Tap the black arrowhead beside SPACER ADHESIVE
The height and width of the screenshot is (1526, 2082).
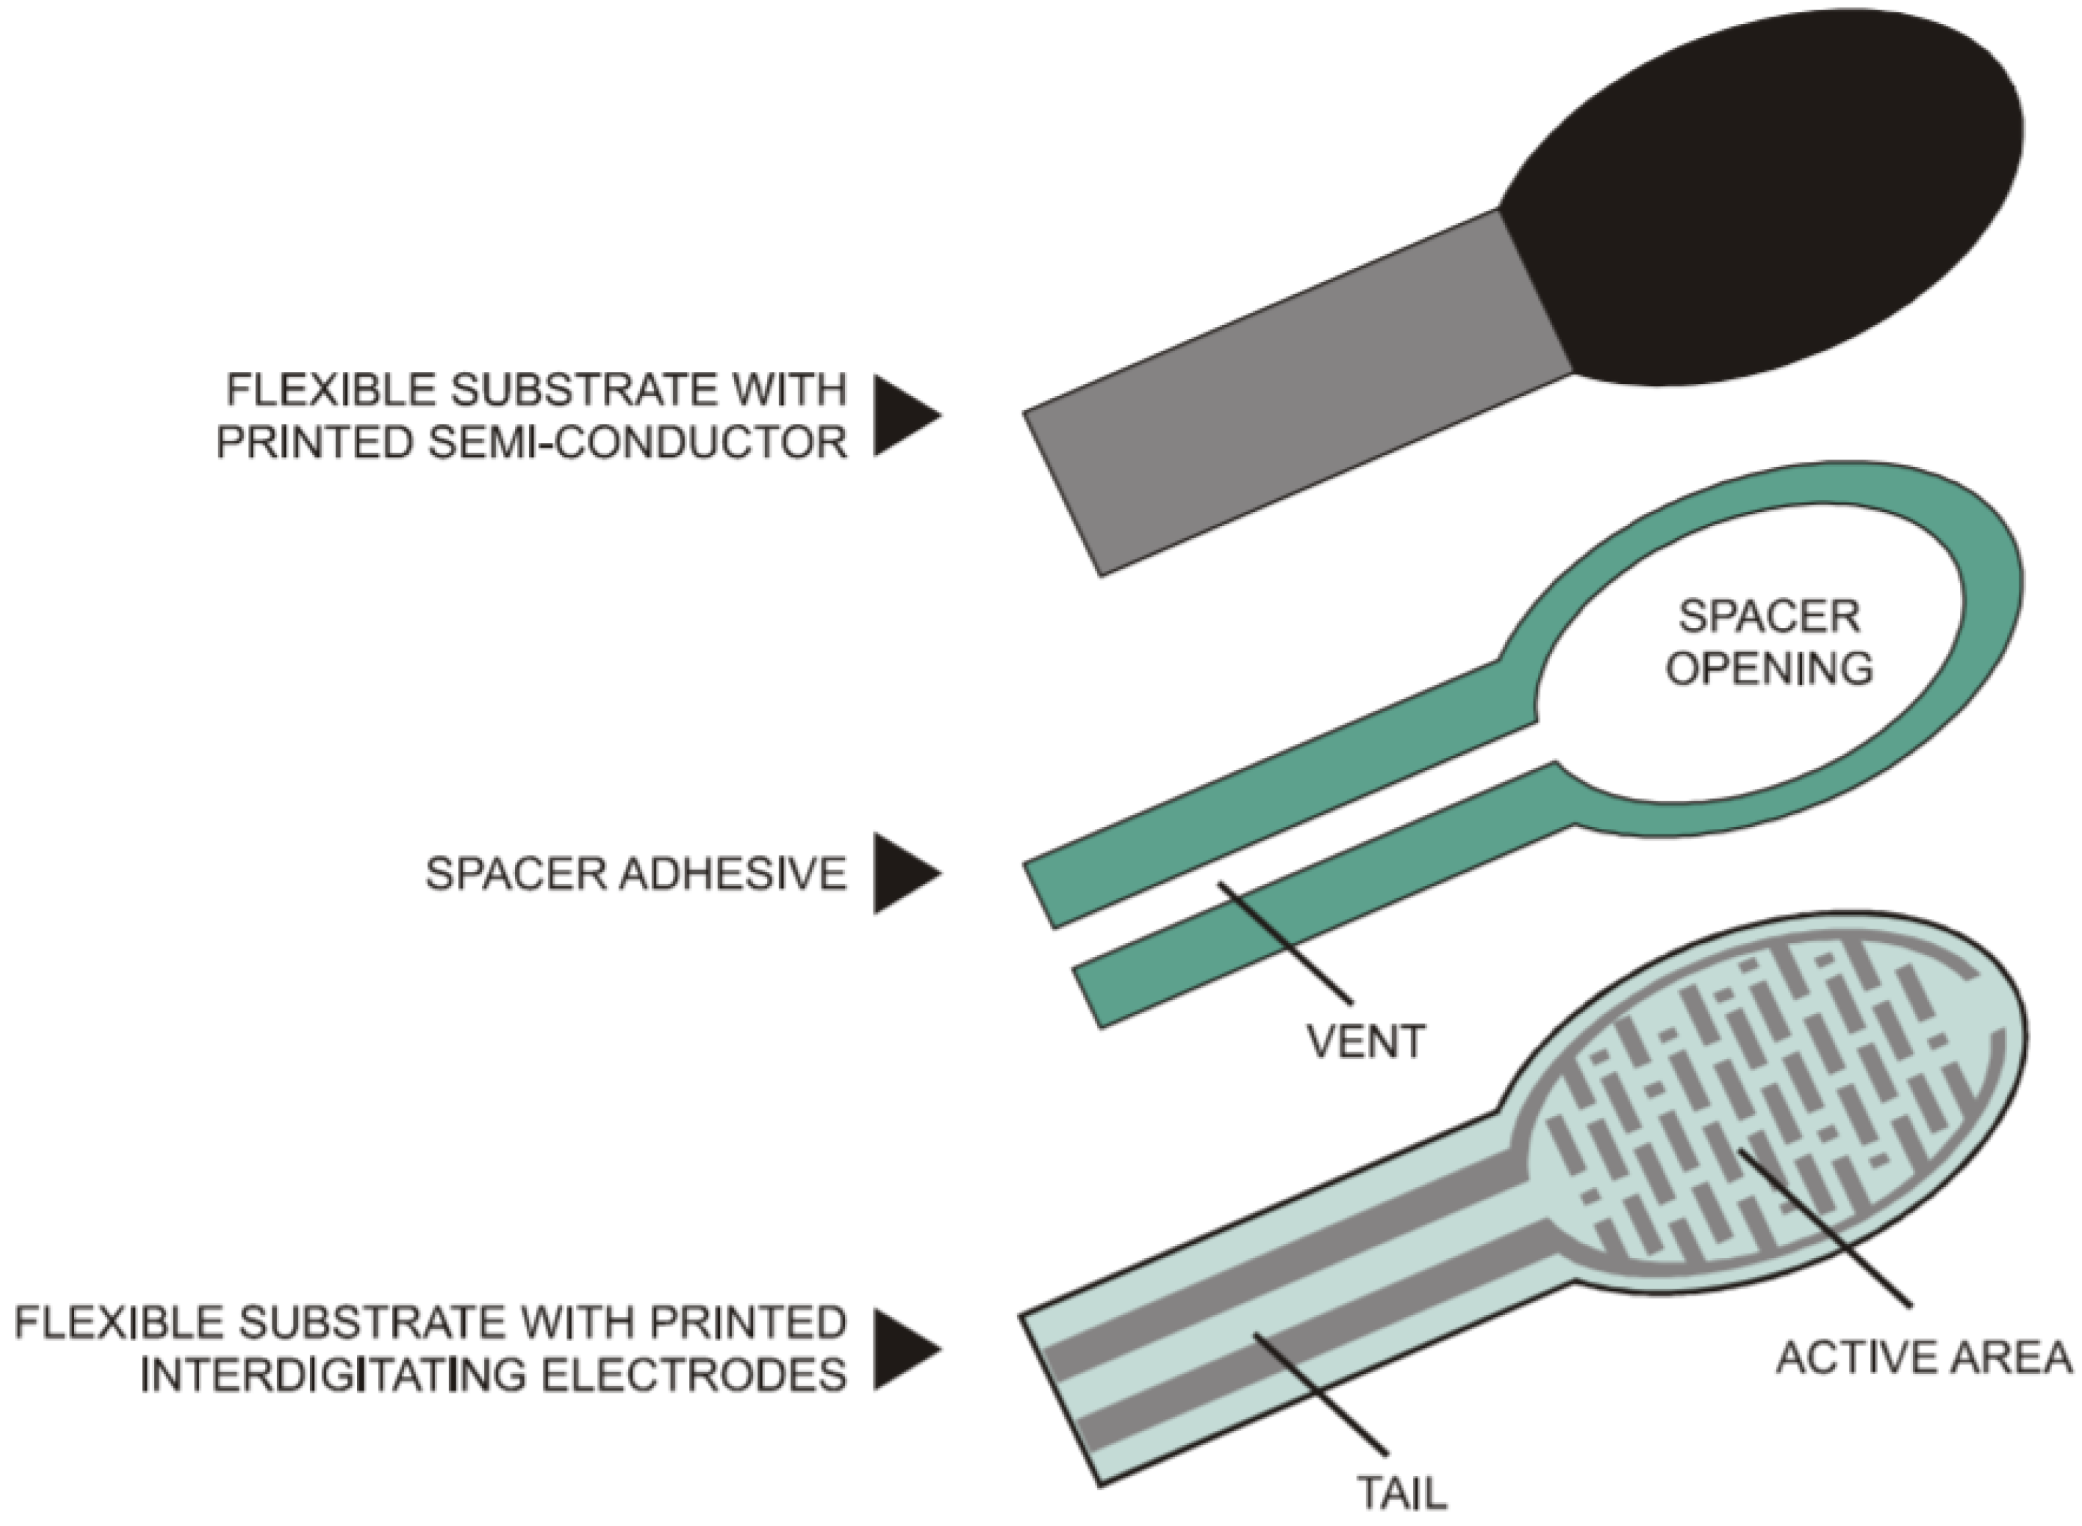click(x=900, y=873)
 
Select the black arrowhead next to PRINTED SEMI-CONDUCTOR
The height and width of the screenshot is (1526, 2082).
click(x=900, y=415)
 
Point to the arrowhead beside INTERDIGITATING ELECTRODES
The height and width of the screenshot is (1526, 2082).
click(x=900, y=1349)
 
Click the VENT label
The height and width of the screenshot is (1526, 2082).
click(x=1366, y=1042)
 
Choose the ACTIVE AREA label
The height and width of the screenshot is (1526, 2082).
click(x=1924, y=1358)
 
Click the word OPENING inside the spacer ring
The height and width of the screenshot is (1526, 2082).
click(x=1770, y=668)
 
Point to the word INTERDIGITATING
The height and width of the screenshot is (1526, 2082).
click(x=332, y=1376)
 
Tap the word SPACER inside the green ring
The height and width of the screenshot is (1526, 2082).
click(x=1769, y=617)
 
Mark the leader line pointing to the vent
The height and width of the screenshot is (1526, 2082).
click(x=1284, y=942)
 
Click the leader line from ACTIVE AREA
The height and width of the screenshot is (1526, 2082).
click(x=1825, y=1229)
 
